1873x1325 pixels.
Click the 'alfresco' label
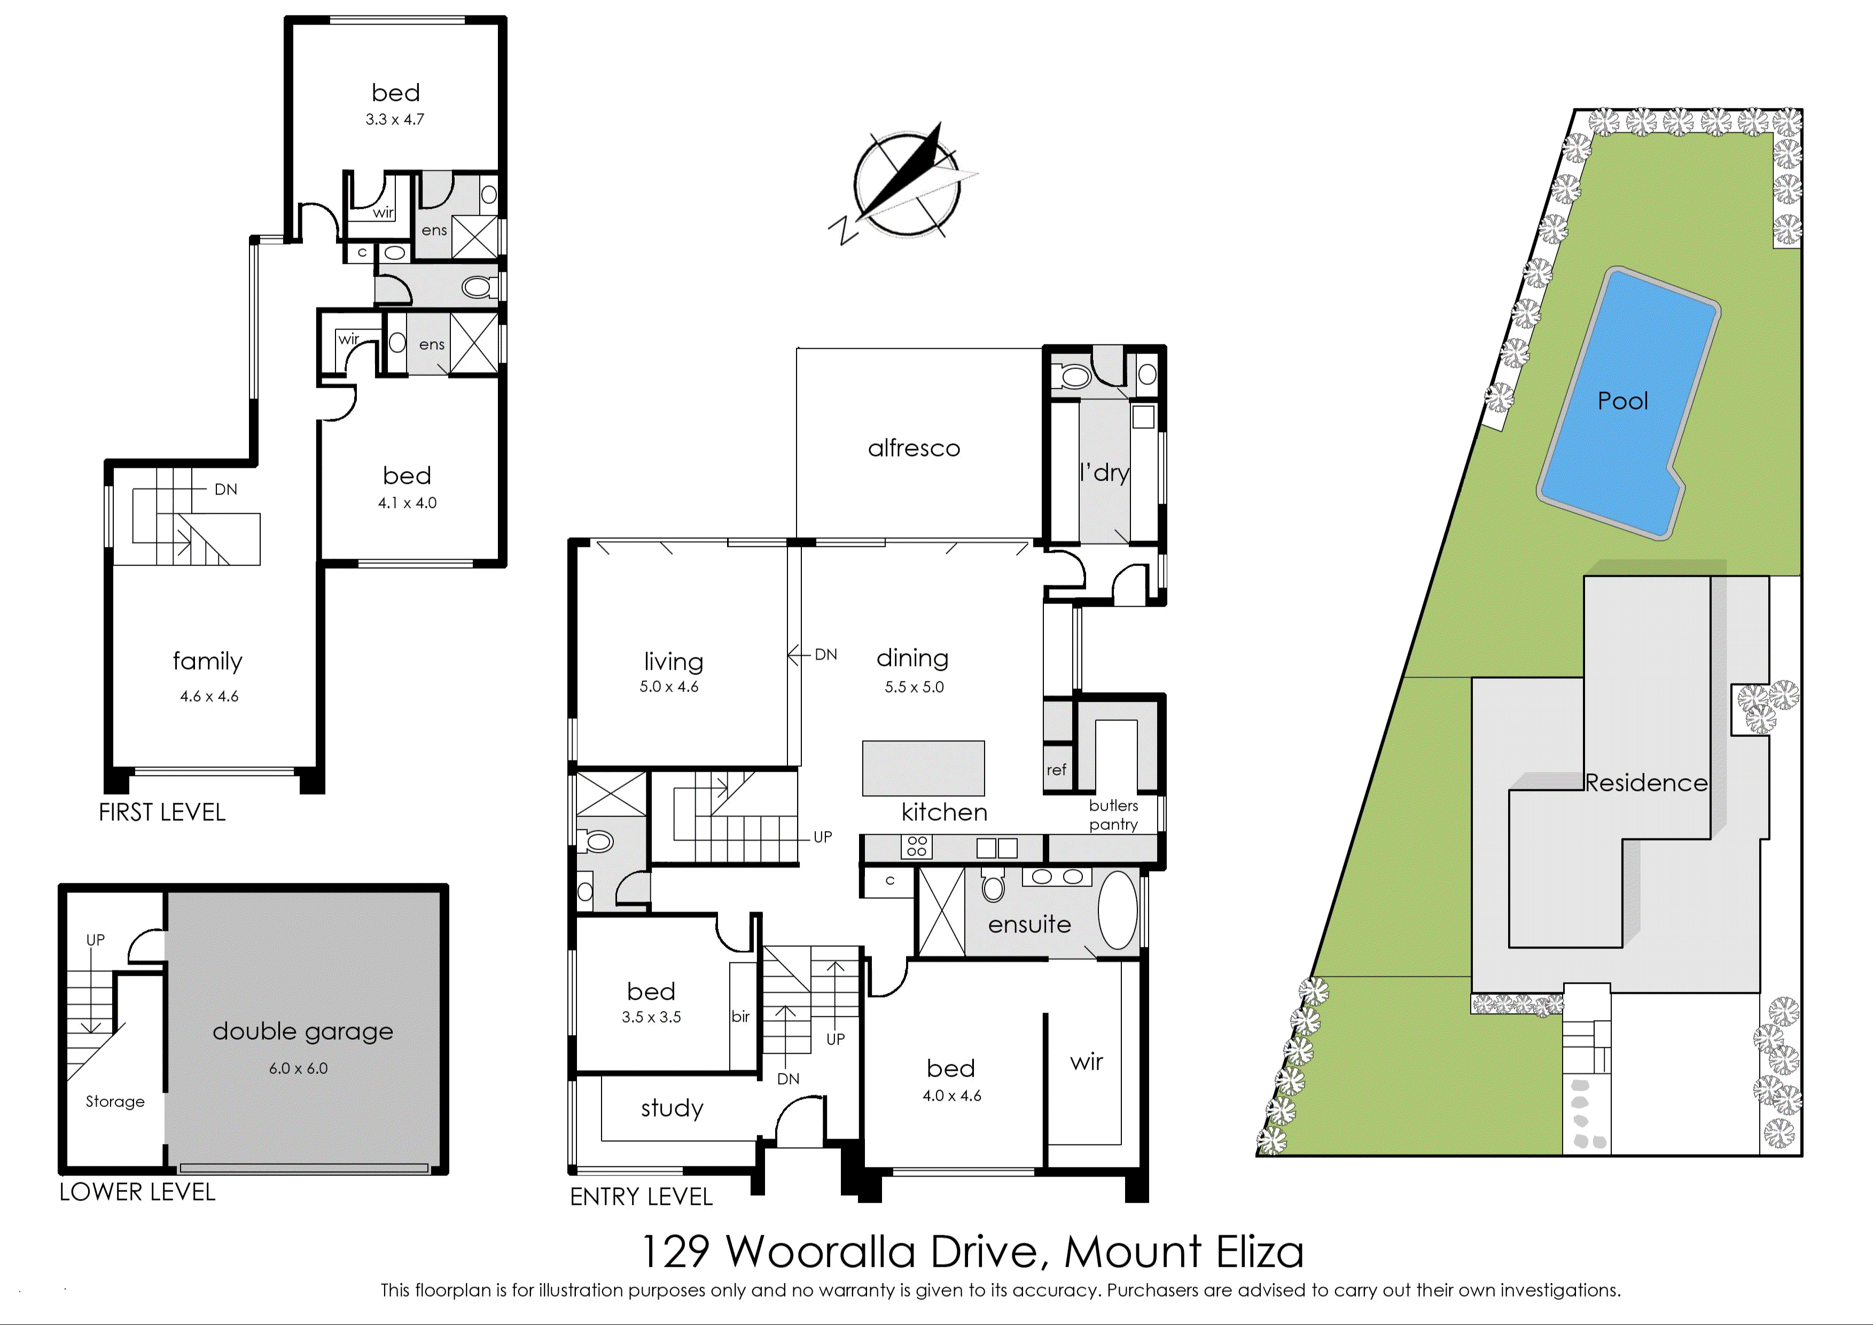[914, 448]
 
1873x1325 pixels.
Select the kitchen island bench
[923, 768]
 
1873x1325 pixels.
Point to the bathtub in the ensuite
[1117, 910]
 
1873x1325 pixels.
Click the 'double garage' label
[303, 1032]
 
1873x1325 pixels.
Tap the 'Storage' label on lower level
[115, 1101]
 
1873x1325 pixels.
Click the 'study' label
[672, 1108]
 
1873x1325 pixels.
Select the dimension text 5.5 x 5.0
[914, 687]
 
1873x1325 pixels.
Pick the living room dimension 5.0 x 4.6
[669, 687]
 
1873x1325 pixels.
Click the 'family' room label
[207, 661]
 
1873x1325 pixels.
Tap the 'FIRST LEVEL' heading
[161, 813]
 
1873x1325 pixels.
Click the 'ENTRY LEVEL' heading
[642, 1197]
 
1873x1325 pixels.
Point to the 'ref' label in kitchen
[1056, 770]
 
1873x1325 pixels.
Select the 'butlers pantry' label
[1113, 814]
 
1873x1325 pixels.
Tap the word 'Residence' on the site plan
[1646, 783]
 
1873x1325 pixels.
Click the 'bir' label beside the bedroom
[740, 1017]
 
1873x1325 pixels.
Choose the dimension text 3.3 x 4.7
[395, 119]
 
